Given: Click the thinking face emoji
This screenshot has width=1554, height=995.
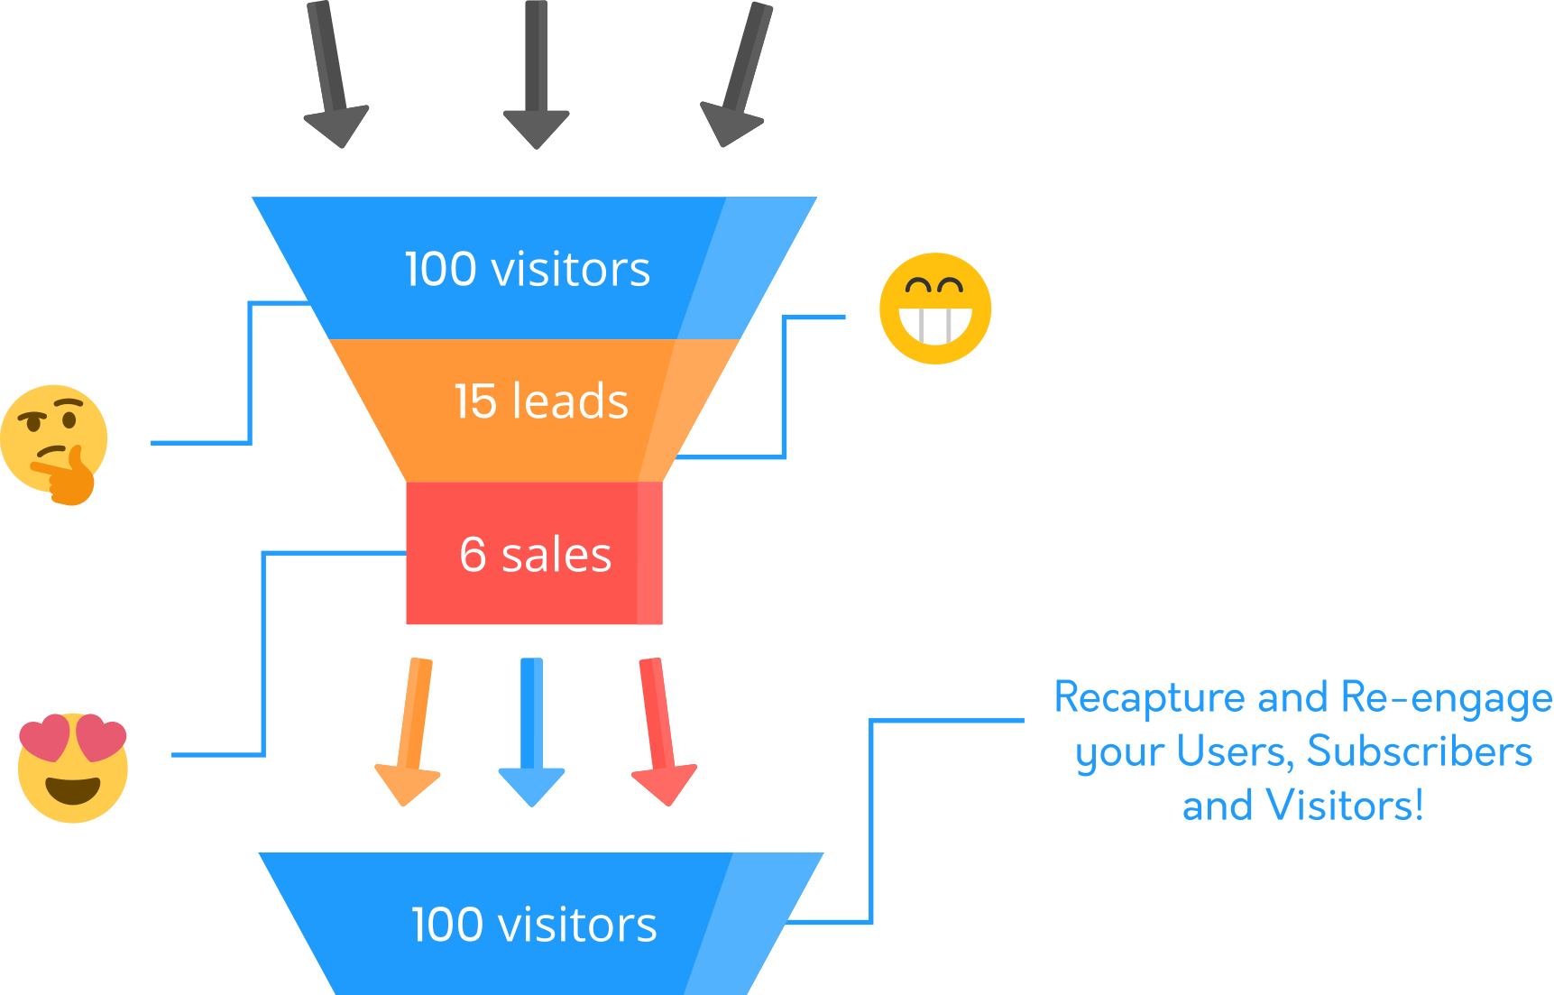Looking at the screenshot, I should [x=54, y=442].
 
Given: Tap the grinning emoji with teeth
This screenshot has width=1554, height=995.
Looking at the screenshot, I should [x=935, y=309].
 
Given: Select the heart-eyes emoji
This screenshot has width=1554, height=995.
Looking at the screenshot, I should [x=73, y=768].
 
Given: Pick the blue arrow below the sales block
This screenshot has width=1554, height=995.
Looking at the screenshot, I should [x=532, y=731].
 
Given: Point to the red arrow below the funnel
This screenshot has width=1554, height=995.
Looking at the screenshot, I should [x=659, y=731].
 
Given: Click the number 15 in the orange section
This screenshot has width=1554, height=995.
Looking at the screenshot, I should [x=475, y=401].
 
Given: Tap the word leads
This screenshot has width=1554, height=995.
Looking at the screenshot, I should [x=570, y=401].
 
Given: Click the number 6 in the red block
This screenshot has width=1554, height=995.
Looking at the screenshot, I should [x=473, y=555].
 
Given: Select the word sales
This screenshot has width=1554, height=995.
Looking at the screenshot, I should [x=556, y=556].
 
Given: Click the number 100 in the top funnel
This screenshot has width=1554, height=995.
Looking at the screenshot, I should [x=440, y=270].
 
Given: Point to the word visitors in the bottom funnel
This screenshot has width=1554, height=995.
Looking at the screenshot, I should [x=577, y=926].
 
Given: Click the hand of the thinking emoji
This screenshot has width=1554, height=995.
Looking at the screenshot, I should [x=69, y=478].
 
